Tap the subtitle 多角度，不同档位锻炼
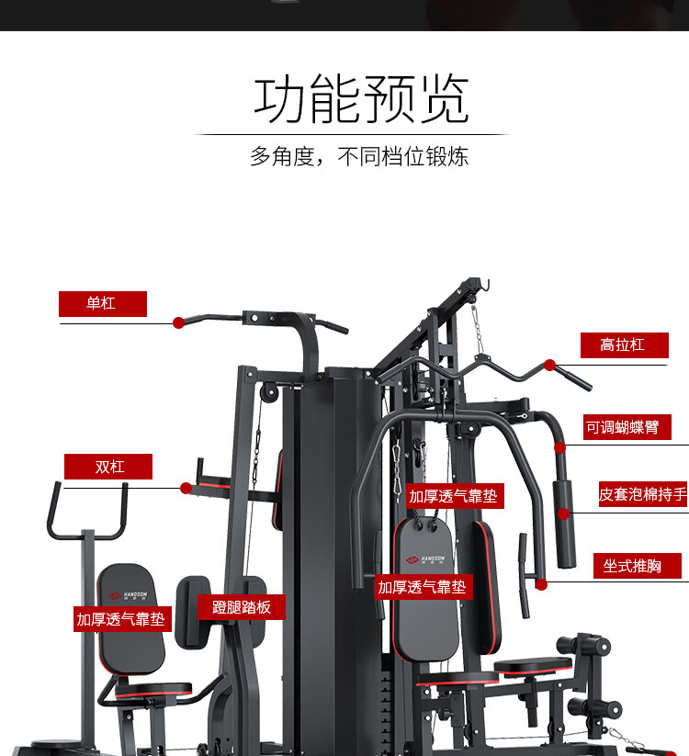[x=359, y=156]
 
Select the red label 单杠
[x=102, y=303]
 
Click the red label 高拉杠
[x=623, y=344]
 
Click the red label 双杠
[x=108, y=467]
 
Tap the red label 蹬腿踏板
[x=242, y=607]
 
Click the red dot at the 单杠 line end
[x=178, y=322]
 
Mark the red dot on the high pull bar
[x=549, y=365]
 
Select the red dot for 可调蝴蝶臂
[x=559, y=447]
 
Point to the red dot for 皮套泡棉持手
[x=564, y=513]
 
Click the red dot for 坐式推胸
[x=541, y=583]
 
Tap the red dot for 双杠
[x=186, y=488]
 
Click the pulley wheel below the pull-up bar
[x=268, y=392]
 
